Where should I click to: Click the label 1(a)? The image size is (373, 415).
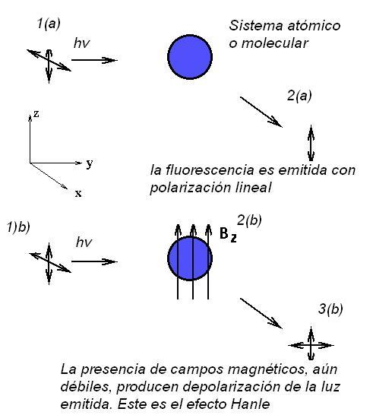point(49,24)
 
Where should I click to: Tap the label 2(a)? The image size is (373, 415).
point(299,96)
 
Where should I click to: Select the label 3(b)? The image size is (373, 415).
point(330,309)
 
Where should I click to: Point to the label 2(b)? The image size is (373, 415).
point(249,220)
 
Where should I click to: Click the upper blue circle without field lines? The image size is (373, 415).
point(190,57)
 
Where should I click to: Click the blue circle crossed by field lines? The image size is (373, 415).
point(190,258)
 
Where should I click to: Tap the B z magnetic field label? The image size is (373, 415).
point(228,235)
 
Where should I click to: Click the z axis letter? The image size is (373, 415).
point(36,114)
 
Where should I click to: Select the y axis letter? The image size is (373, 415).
point(90,163)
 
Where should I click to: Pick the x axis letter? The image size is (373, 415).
point(78,194)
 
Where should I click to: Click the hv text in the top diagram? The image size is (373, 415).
point(82,43)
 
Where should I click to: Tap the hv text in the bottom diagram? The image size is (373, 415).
point(84,242)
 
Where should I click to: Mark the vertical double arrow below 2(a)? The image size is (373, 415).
point(311,143)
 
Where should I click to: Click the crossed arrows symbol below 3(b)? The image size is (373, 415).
point(311,345)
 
